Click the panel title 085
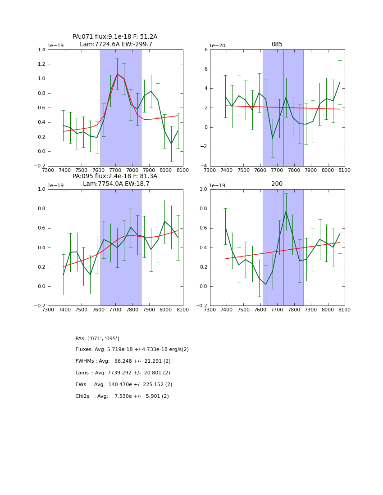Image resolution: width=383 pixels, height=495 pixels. click(277, 45)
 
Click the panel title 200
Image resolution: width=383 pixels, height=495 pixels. click(277, 184)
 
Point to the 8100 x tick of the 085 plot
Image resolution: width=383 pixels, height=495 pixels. click(345, 170)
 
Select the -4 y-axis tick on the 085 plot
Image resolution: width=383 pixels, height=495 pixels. click(204, 166)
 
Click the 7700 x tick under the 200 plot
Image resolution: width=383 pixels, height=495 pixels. click(277, 310)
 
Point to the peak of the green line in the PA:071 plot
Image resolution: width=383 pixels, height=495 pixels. click(117, 74)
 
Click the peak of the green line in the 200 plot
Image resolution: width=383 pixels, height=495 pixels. click(286, 211)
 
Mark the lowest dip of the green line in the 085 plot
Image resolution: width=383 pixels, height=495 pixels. click(272, 138)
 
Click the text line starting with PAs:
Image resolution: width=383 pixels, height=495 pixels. click(97, 338)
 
